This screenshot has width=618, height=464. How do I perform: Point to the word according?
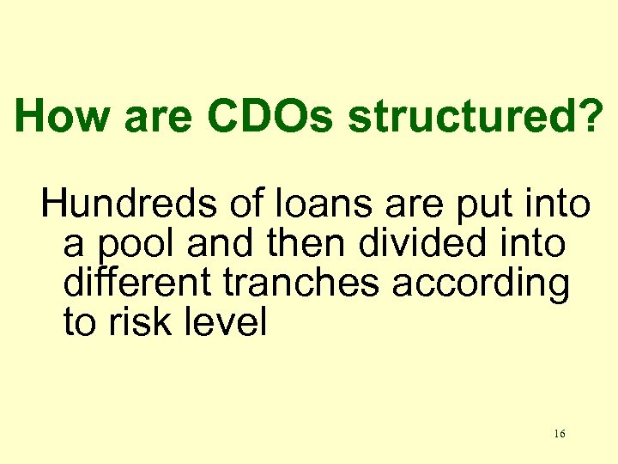[482, 285]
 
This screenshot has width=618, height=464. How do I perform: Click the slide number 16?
[559, 434]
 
